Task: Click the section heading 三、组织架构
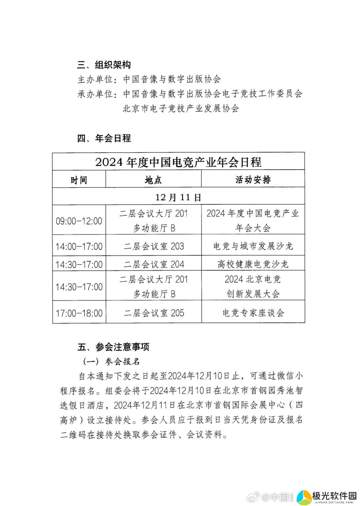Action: click(x=104, y=65)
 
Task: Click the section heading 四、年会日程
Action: click(x=104, y=138)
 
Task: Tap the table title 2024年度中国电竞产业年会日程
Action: click(x=178, y=162)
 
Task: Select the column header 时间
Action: click(x=79, y=180)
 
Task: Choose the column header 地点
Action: click(x=153, y=180)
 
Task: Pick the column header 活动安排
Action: click(x=253, y=180)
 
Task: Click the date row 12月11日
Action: click(x=178, y=197)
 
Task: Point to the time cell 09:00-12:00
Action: click(x=79, y=221)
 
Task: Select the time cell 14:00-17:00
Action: click(x=79, y=246)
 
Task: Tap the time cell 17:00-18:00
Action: click(x=79, y=313)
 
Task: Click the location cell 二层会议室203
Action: click(x=154, y=246)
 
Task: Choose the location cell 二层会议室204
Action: click(x=154, y=264)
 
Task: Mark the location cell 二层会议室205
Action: click(x=154, y=313)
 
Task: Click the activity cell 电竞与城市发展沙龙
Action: click(x=253, y=246)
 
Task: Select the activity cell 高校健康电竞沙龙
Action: click(x=253, y=264)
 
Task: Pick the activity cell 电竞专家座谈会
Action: click(x=253, y=313)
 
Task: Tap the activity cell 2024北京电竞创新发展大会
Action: click(x=253, y=286)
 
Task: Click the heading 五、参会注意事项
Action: click(x=113, y=347)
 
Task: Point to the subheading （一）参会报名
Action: click(x=111, y=362)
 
